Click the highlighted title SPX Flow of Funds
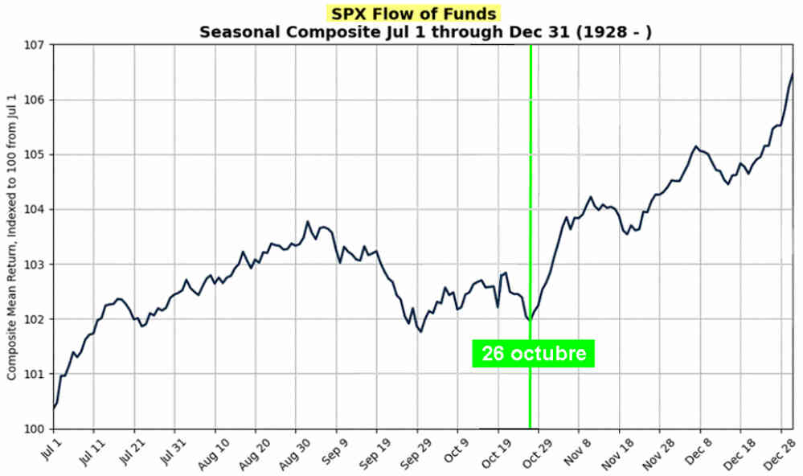coord(413,14)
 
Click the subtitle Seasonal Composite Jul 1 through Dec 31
coord(424,32)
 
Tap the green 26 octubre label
coord(534,353)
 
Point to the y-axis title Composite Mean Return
coord(12,237)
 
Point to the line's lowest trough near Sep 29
coord(420,331)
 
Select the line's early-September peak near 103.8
coord(307,221)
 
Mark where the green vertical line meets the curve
coord(531,319)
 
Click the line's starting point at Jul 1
coord(54,408)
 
